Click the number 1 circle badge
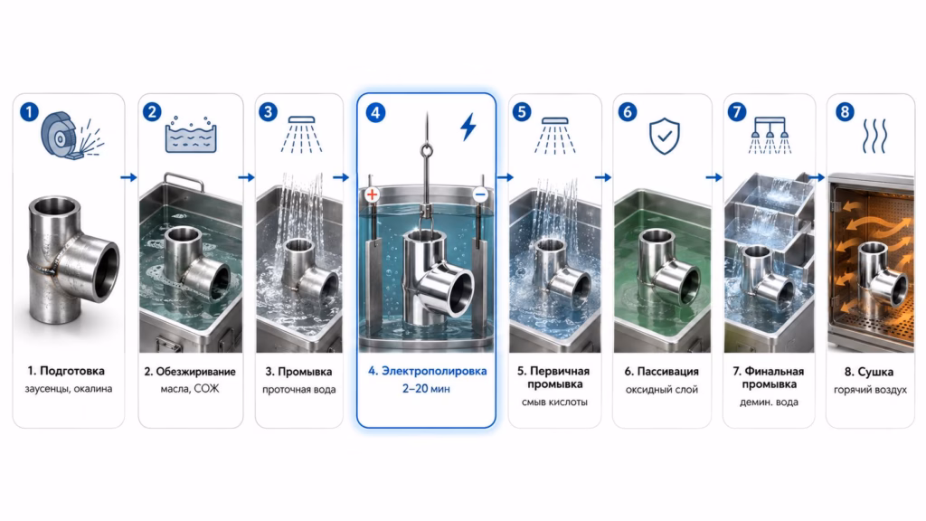(29, 111)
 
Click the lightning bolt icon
(468, 127)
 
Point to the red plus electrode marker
(372, 194)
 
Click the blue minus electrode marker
(480, 194)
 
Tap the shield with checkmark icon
(665, 136)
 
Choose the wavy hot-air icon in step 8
(874, 136)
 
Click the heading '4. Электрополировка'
(427, 371)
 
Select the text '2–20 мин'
(426, 389)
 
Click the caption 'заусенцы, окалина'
(69, 389)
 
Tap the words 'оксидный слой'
(661, 390)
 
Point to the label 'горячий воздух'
(870, 390)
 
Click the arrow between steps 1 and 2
(128, 177)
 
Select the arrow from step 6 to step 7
(714, 177)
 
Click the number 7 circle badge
(736, 111)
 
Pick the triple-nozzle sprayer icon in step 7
(770, 136)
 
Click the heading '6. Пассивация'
(661, 372)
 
